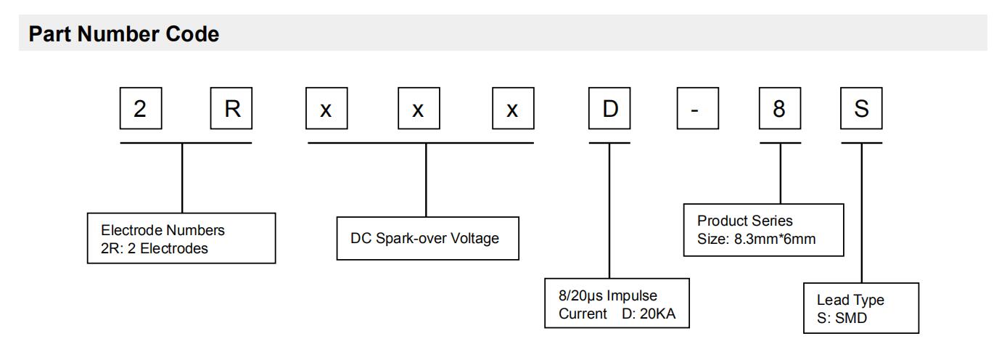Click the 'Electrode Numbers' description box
click(x=181, y=237)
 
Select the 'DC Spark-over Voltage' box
click(x=428, y=238)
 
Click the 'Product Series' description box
click(x=764, y=229)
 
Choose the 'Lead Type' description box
click(x=860, y=307)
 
